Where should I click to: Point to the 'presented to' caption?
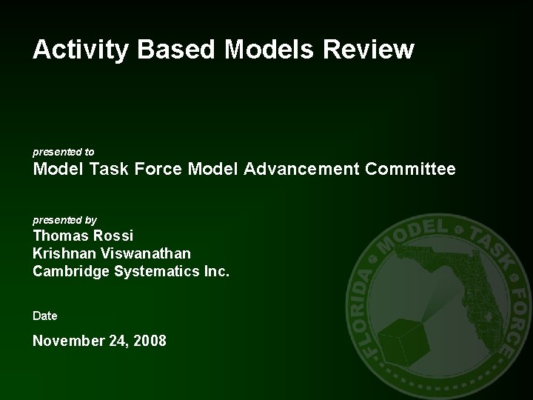(x=63, y=151)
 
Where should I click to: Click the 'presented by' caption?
(x=64, y=220)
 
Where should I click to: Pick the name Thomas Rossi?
(x=83, y=236)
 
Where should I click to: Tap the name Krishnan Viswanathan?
(x=111, y=254)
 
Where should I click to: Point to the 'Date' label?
(x=45, y=316)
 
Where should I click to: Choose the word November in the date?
(x=69, y=341)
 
